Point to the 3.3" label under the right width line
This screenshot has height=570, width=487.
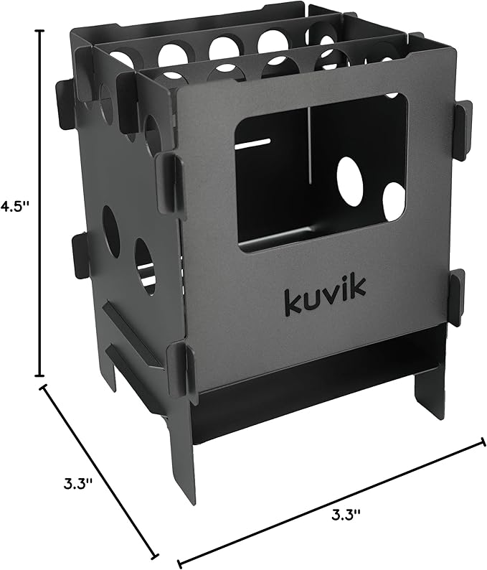pos(346,513)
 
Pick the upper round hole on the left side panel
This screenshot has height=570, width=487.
pos(110,231)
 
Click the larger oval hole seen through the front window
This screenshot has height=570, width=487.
pos(349,177)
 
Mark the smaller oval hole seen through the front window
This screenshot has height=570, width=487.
pos(393,202)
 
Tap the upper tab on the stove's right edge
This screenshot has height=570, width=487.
pos(463,129)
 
